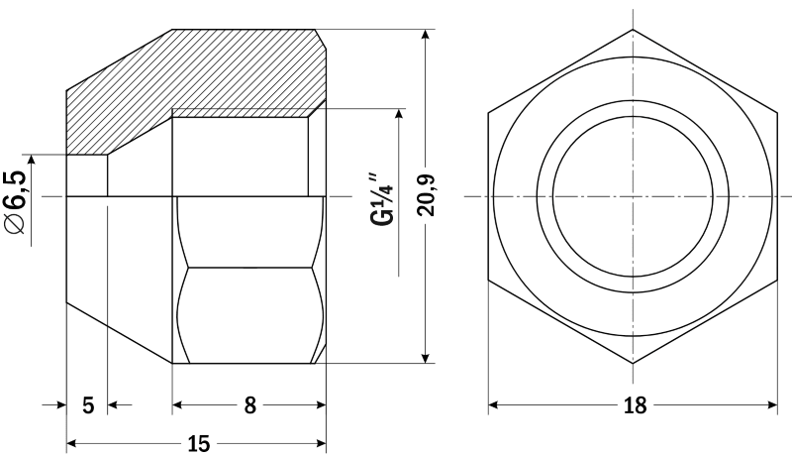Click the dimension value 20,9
pyautogui.click(x=426, y=195)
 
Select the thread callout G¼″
pyautogui.click(x=382, y=200)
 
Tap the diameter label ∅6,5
pyautogui.click(x=15, y=203)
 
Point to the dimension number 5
pyautogui.click(x=88, y=405)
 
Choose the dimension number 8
pyautogui.click(x=250, y=405)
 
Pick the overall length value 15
pyautogui.click(x=199, y=444)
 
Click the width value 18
pyautogui.click(x=635, y=405)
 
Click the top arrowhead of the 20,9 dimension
pyautogui.click(x=427, y=35)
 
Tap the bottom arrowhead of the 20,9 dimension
pyautogui.click(x=427, y=358)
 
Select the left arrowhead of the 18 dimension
pyautogui.click(x=494, y=404)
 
